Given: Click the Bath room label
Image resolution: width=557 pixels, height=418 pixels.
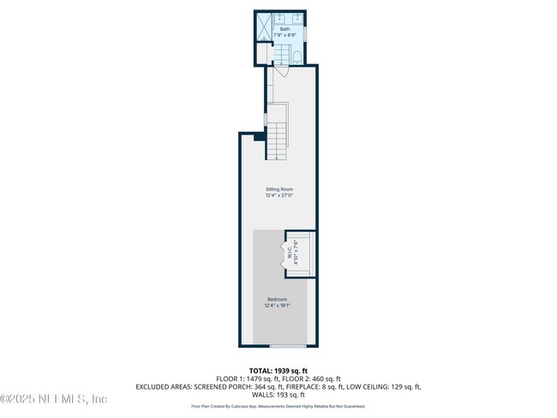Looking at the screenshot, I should pos(284,28).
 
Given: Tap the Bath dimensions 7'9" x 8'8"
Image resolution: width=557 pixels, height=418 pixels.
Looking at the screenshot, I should pos(284,35).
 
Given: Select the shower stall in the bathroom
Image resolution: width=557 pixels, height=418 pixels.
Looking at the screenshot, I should pos(266,25).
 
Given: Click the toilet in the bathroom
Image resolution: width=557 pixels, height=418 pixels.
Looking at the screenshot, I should pos(296,57).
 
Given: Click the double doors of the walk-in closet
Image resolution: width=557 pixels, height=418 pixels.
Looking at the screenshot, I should pos(286,256).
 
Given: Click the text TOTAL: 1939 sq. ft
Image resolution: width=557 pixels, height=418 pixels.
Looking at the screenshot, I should pos(278,370).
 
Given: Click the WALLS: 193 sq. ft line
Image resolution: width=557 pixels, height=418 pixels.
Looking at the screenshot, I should pos(278,395).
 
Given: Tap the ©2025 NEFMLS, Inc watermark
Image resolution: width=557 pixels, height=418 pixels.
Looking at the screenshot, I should pos(54,399).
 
